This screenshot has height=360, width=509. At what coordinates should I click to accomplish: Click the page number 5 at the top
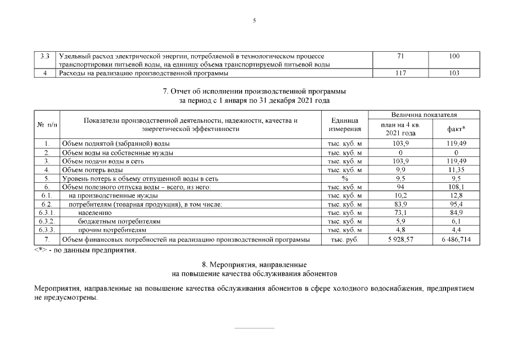(254, 21)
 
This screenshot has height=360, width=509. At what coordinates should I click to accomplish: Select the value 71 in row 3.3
(400, 56)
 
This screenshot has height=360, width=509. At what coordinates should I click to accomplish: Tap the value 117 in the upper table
(400, 73)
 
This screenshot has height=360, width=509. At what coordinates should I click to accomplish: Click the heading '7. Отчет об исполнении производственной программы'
(254, 91)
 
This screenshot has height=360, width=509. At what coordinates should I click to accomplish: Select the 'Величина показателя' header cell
(427, 115)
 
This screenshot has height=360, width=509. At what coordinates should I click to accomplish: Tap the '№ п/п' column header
(47, 125)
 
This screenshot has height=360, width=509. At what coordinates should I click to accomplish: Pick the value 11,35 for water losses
(455, 169)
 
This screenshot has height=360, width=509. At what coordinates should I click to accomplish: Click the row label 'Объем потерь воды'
(92, 169)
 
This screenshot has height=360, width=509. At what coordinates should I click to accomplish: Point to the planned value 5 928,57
(400, 240)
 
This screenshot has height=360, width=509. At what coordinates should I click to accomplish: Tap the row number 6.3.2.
(47, 222)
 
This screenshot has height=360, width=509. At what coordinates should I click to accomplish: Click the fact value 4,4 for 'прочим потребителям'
(455, 231)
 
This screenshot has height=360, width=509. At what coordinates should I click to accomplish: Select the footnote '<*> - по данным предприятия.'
(85, 250)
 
